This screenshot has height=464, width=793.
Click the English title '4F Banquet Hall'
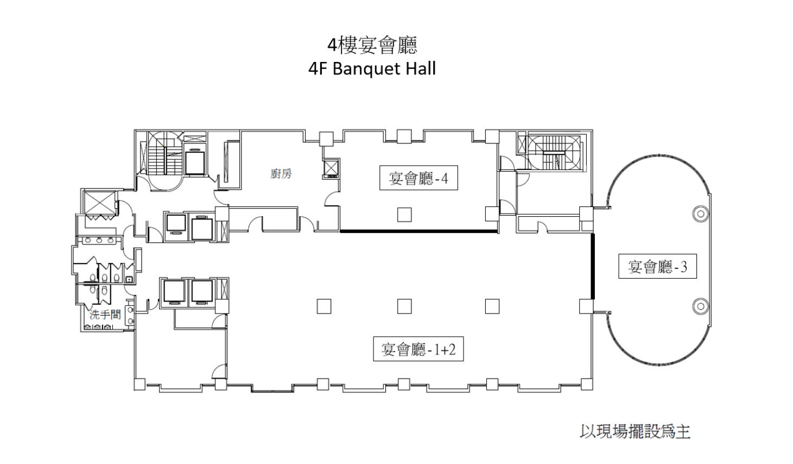tap(372, 69)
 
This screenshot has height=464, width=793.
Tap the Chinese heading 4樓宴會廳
tap(372, 46)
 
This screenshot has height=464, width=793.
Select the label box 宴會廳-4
tap(418, 178)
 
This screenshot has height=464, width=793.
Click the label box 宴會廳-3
tap(657, 266)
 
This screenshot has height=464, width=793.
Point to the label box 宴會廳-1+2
tap(418, 349)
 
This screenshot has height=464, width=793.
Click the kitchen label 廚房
tap(281, 174)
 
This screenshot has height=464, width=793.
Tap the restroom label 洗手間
tap(105, 315)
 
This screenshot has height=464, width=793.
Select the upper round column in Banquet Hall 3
tap(701, 214)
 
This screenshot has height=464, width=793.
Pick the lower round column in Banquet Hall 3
tap(701, 305)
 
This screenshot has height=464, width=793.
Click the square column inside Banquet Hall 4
tap(404, 215)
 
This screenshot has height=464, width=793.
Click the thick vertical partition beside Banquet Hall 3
tap(593, 266)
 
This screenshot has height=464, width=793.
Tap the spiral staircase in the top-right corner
tap(554, 153)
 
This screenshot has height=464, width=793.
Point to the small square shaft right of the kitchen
tap(331, 168)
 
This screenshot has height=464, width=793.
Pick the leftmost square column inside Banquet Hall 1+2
tap(324, 306)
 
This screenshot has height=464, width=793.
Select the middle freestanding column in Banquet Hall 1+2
tap(404, 306)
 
